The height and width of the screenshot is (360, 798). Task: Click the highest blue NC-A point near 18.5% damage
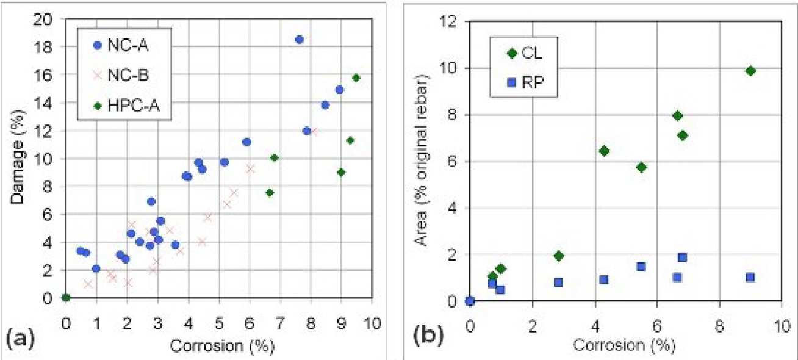pyautogui.click(x=299, y=40)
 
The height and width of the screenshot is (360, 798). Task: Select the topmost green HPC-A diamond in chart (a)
pyautogui.click(x=356, y=77)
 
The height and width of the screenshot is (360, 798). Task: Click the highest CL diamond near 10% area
pyautogui.click(x=750, y=71)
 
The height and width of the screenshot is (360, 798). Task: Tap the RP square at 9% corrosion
pyautogui.click(x=750, y=277)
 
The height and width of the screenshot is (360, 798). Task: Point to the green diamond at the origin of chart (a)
pyautogui.click(x=66, y=298)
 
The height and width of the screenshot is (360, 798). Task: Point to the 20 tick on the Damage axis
pyautogui.click(x=51, y=19)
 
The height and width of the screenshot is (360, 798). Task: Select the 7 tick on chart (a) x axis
pyautogui.click(x=280, y=323)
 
